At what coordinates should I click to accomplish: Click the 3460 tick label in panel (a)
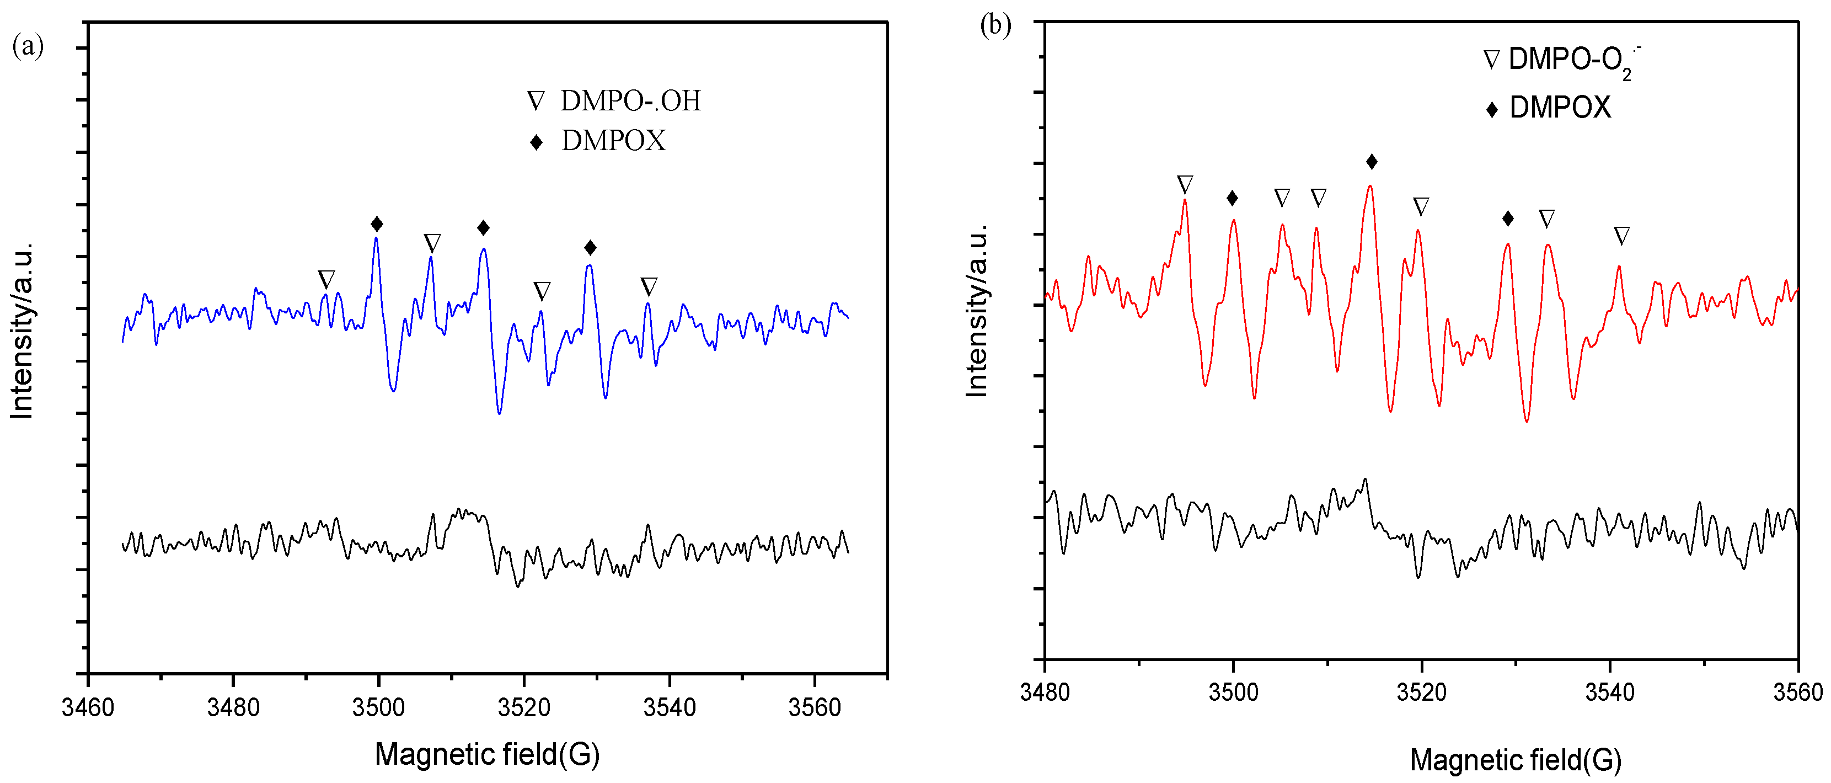tap(88, 707)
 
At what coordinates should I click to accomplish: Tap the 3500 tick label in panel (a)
tap(378, 707)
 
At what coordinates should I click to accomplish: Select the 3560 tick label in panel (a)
tap(815, 707)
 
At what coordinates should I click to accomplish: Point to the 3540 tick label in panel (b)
tap(1609, 692)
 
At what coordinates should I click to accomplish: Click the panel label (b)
tap(995, 25)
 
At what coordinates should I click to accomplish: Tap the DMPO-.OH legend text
tap(630, 101)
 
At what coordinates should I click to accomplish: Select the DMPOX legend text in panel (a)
tap(613, 141)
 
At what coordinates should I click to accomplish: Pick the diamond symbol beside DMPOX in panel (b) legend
tap(1492, 109)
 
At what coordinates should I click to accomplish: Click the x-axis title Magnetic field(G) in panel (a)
tap(487, 754)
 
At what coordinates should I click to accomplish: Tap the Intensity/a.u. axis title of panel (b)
tap(977, 311)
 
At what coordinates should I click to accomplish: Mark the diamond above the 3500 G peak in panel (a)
tap(377, 225)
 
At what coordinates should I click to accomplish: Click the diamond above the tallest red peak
tap(1372, 162)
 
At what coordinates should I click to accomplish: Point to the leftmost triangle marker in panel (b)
tap(1185, 185)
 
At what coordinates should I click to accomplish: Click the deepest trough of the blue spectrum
tap(500, 413)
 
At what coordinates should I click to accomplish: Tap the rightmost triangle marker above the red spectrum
tap(1621, 236)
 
